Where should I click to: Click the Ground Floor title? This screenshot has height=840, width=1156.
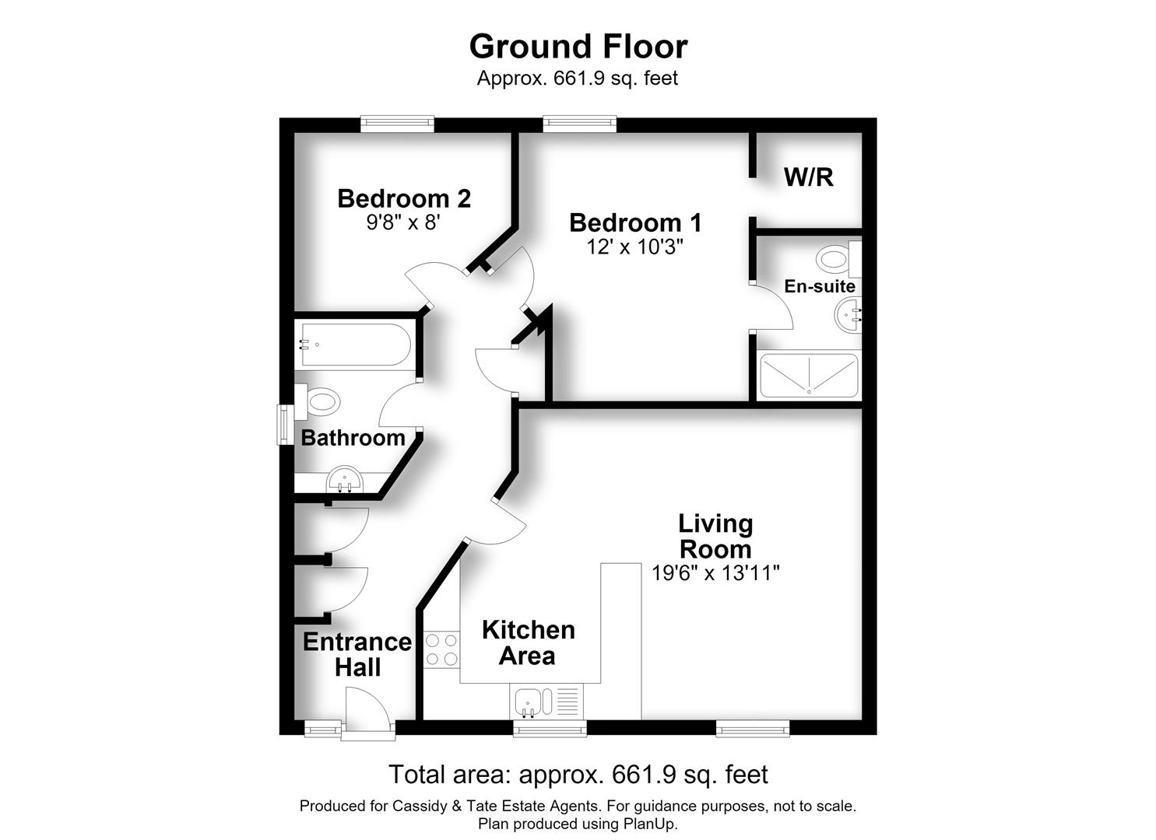coord(578,47)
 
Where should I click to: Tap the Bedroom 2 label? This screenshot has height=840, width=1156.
coord(404,198)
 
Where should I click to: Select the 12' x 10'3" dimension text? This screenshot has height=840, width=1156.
coord(634,247)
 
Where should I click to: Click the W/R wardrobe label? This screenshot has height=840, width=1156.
coord(809,177)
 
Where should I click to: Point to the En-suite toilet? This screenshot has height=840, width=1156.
coord(838,258)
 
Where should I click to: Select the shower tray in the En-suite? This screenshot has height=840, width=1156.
coord(809,376)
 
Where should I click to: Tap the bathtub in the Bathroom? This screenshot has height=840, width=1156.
coord(356,345)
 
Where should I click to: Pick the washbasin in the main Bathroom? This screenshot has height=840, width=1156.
coord(345,480)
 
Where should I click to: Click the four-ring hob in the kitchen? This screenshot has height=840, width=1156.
coord(441,649)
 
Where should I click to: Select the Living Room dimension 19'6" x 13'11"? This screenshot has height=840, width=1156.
coord(715,572)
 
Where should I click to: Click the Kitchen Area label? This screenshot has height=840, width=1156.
coord(528,642)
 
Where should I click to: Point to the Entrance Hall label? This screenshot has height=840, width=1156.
coord(357,654)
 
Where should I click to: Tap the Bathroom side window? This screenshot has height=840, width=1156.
coord(285,425)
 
